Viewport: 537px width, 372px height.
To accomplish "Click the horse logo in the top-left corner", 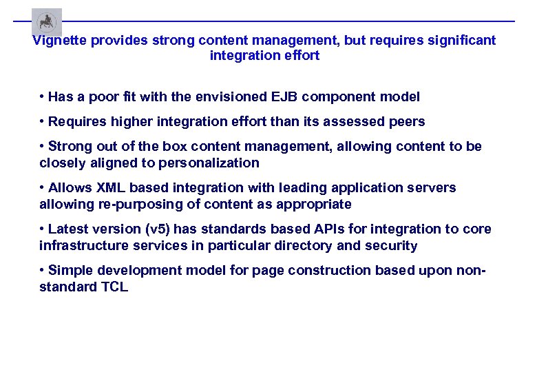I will click(47, 22).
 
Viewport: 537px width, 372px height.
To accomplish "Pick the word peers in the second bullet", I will click(408, 122).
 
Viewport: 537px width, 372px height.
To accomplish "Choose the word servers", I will click(432, 188).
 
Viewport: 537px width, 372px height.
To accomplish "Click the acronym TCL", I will click(112, 287).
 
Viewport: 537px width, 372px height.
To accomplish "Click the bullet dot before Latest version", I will click(43, 229).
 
